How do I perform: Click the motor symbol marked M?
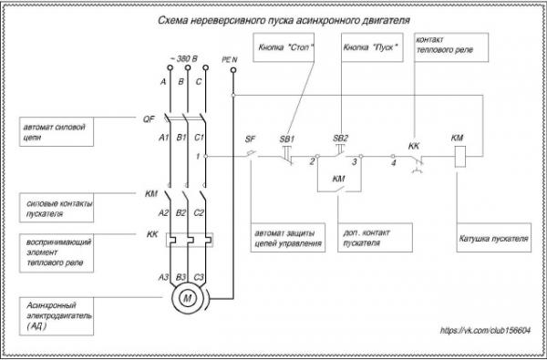[188, 298]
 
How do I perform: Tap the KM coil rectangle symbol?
[460, 156]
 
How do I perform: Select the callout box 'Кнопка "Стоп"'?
[284, 47]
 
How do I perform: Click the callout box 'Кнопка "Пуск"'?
[372, 47]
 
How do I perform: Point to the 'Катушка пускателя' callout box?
[493, 238]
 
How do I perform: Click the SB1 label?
[287, 139]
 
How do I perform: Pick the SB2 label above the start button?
[340, 139]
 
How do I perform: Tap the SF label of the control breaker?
[250, 139]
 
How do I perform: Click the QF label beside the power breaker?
[149, 119]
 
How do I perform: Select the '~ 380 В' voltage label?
[183, 58]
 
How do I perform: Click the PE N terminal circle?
[233, 70]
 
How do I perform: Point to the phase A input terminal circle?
[170, 67]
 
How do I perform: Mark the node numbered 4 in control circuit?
[393, 156]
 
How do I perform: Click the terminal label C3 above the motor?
[198, 278]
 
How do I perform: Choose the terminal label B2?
[181, 212]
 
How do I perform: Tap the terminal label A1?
[163, 138]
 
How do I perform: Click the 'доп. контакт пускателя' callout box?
[375, 238]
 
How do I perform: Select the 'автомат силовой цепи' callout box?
[57, 131]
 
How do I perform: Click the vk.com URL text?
[485, 330]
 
